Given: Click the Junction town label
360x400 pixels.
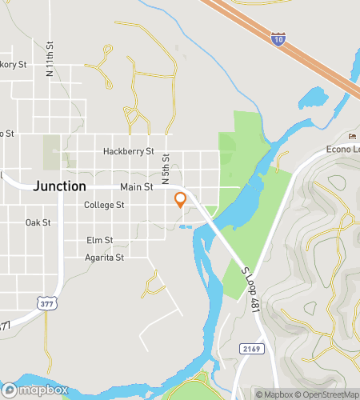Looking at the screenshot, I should coord(60,186).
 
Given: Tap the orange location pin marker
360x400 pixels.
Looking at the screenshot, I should coord(181,199).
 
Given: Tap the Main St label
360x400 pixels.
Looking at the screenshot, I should coord(136,187).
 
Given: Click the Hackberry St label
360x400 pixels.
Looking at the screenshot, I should coord(127,151).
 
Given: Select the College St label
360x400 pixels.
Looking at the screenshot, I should coord(105,205).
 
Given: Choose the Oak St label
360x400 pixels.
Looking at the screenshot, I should coord(38,222).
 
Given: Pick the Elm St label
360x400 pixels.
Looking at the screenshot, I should coord(100,240).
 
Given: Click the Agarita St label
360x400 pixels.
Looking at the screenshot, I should coord(105,258).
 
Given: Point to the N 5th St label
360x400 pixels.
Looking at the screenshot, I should coord(166,168).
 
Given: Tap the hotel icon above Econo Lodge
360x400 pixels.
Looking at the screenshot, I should coord(353,136).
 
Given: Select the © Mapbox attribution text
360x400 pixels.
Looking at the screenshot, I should coord(274,394).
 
